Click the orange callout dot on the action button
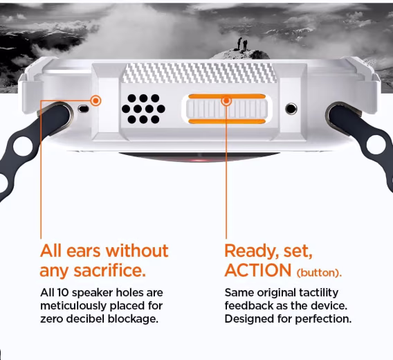(226, 101)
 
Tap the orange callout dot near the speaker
(95, 101)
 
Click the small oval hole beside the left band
(84, 109)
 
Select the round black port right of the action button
(291, 109)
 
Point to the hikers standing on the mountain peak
(242, 44)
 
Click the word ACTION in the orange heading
(258, 270)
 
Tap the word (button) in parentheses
(318, 273)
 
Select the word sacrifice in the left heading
(109, 271)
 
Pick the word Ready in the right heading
(251, 251)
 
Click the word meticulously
(73, 306)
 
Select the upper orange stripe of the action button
(227, 97)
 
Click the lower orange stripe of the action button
(227, 122)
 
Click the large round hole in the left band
(24, 145)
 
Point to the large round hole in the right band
(376, 145)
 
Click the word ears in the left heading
(84, 251)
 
